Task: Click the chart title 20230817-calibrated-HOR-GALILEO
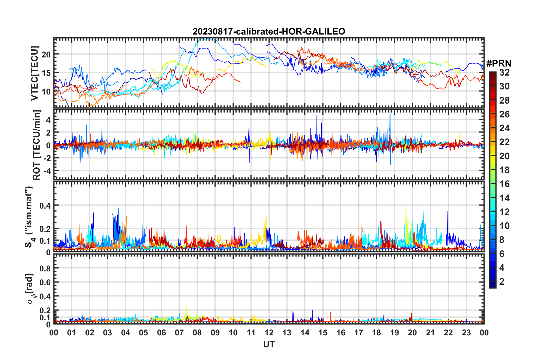tap(269, 31)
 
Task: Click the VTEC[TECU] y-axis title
tap(35, 73)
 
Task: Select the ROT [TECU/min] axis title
tap(36, 145)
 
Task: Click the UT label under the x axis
tap(269, 344)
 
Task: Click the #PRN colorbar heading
tap(499, 63)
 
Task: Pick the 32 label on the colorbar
tap(504, 72)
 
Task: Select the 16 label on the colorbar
tap(504, 184)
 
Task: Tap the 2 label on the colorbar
tap(502, 281)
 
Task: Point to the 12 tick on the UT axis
tap(269, 333)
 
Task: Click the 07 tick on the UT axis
tap(179, 333)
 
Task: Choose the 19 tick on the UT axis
tap(395, 333)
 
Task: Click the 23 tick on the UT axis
tap(466, 333)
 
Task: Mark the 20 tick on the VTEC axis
tap(46, 54)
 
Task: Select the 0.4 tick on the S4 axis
tap(45, 205)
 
